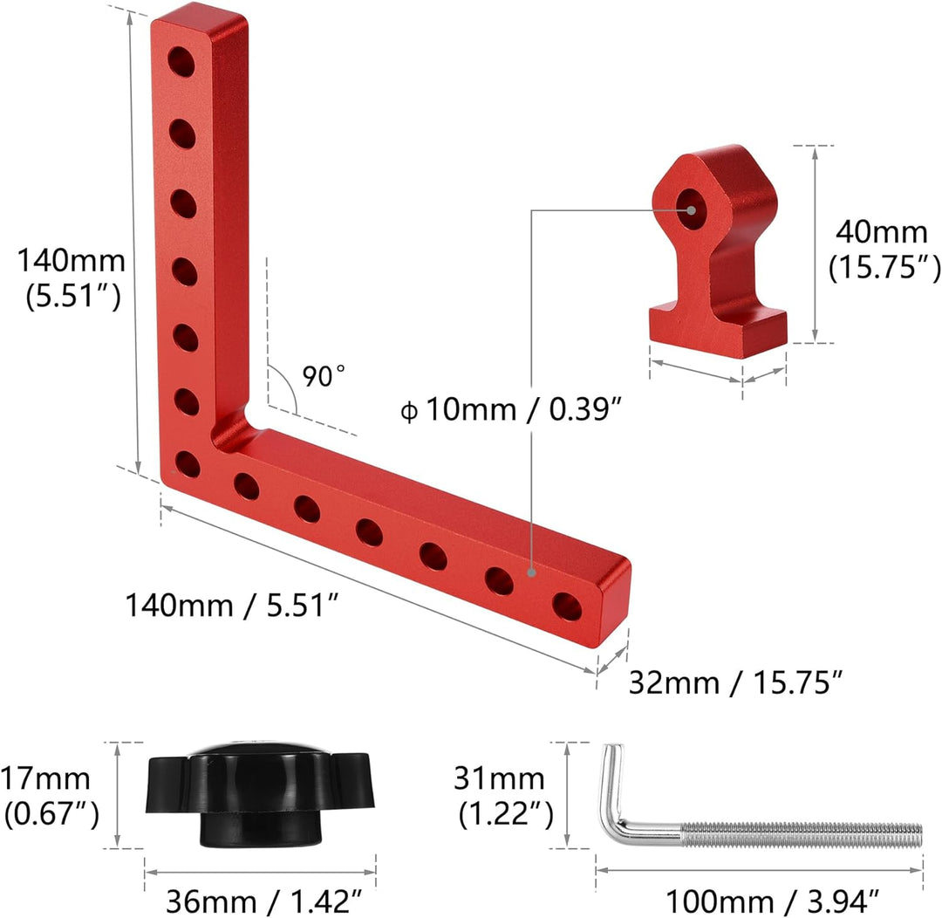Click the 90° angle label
(324, 376)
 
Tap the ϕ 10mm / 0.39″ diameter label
(510, 410)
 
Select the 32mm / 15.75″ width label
(736, 682)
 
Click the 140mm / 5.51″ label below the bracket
(232, 604)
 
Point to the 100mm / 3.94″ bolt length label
(773, 901)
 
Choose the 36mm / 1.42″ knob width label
(264, 901)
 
